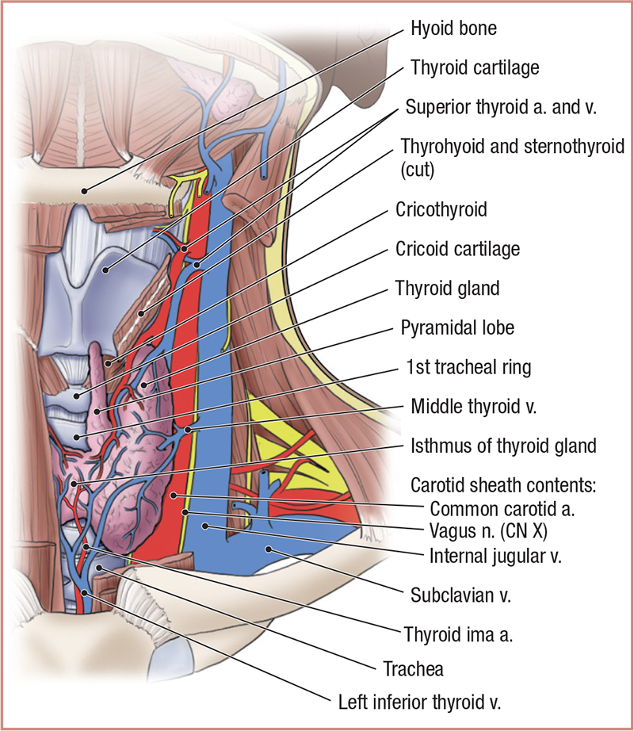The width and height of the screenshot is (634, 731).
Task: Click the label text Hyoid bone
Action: (453, 30)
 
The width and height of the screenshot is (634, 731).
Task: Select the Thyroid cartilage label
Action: (475, 67)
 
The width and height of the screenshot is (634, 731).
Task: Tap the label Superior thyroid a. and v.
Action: (500, 107)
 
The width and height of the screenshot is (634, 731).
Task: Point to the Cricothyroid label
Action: (441, 210)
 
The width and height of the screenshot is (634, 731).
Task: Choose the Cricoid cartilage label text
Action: (457, 249)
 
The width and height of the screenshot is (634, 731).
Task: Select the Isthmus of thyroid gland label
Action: (503, 446)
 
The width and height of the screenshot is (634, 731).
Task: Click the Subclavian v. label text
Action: (460, 595)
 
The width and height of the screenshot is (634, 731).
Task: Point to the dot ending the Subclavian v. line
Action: (269, 548)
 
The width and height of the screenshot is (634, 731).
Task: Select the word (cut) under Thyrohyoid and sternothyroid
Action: (418, 168)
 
